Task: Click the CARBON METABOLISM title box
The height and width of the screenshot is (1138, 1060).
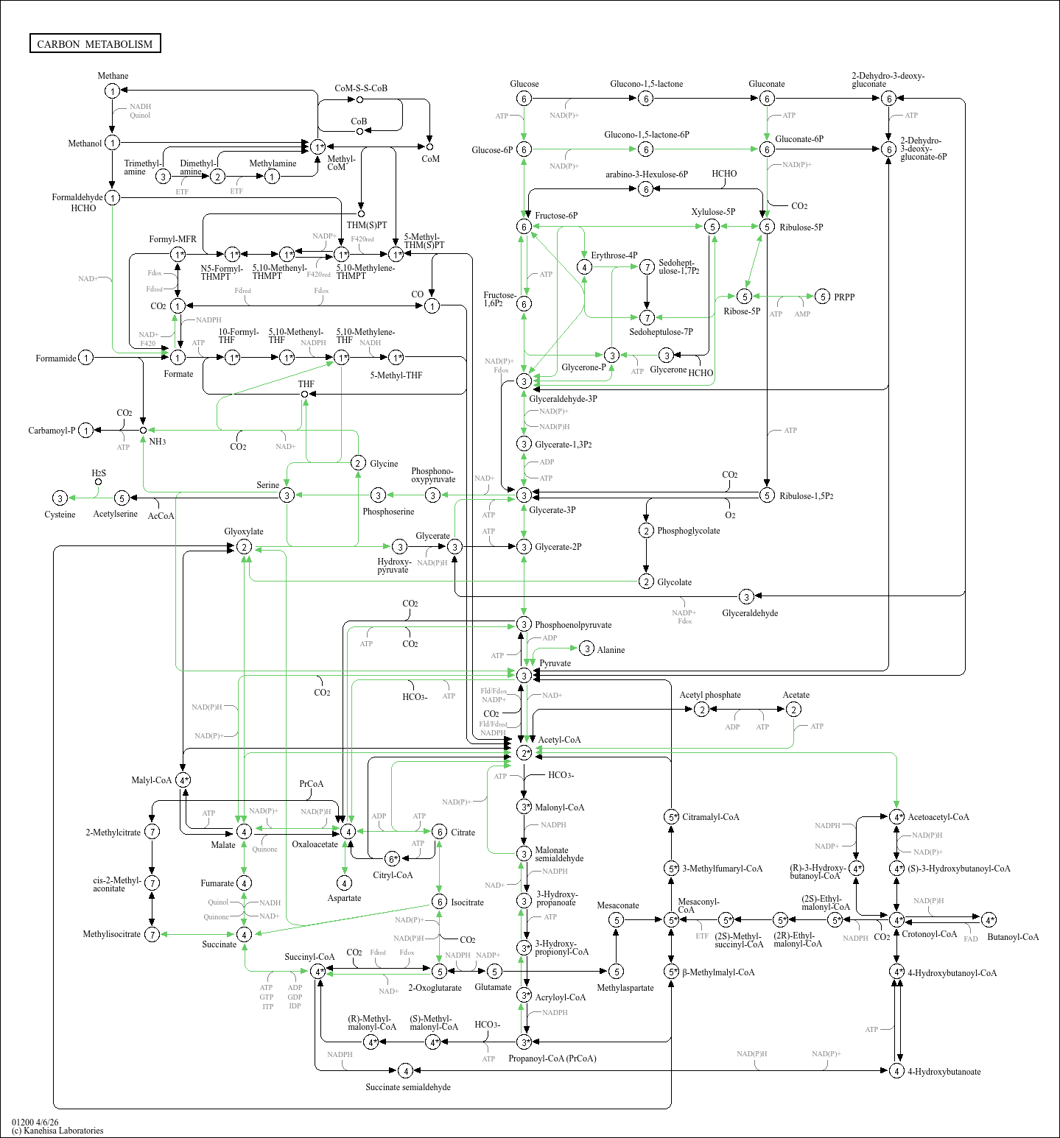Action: (x=95, y=43)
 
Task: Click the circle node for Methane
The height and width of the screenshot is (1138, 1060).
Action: (x=112, y=91)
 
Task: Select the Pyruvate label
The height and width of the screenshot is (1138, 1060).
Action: (x=555, y=663)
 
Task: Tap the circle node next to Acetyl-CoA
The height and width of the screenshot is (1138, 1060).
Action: (x=524, y=752)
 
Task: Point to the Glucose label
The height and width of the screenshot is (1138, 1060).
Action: (x=524, y=84)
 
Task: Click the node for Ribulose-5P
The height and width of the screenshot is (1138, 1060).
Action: (x=767, y=227)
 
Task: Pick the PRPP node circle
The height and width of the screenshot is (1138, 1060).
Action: (x=823, y=297)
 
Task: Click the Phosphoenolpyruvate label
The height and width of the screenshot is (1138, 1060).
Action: (x=572, y=625)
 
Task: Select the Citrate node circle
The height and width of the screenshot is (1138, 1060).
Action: (x=439, y=832)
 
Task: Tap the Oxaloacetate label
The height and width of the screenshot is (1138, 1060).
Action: (x=315, y=844)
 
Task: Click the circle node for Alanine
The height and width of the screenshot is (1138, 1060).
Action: (x=586, y=648)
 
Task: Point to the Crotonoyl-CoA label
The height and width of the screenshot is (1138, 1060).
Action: (x=929, y=934)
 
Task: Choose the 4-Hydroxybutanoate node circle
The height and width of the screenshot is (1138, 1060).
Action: (x=896, y=1071)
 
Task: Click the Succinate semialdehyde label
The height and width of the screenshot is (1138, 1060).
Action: (x=407, y=1087)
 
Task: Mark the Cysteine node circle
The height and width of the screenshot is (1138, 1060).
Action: (x=60, y=498)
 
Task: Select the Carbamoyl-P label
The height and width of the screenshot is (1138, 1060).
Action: (x=52, y=431)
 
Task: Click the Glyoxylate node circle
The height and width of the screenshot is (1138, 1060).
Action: (x=244, y=547)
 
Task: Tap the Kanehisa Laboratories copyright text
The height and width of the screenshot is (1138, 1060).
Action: (x=57, y=1131)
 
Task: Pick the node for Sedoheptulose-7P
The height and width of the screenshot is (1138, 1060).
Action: (x=647, y=317)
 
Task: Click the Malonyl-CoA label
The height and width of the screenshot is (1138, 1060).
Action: (x=559, y=807)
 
